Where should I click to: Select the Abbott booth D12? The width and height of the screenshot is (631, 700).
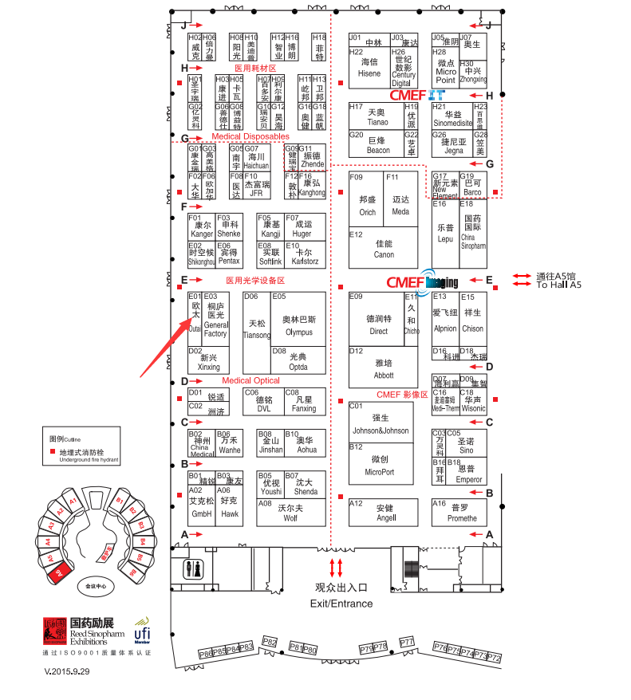tap(384, 368)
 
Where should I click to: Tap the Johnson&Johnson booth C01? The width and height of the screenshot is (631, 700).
tap(381, 423)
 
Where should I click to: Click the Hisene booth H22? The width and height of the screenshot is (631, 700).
tap(369, 68)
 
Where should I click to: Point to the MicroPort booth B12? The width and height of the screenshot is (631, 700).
tap(381, 465)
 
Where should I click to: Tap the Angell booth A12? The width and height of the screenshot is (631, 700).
tap(385, 513)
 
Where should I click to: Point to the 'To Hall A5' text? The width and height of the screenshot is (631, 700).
tap(559, 285)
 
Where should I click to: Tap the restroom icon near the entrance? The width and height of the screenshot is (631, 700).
tap(195, 569)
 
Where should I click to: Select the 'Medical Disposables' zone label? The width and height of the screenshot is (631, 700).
tap(250, 137)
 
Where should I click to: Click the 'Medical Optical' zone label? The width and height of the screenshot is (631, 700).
tap(250, 381)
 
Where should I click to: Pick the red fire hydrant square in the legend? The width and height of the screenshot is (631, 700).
tap(53, 452)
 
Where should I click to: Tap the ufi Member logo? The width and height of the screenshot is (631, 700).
tap(142, 627)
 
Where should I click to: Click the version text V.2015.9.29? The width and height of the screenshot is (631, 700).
tap(67, 671)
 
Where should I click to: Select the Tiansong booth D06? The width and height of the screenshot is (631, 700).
tap(257, 329)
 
